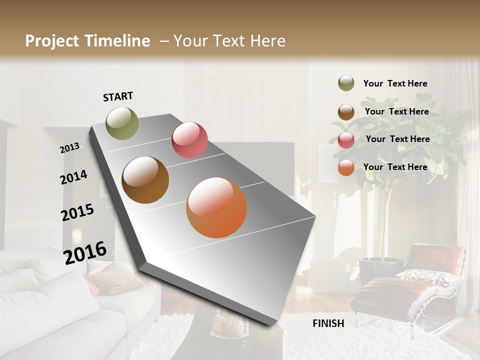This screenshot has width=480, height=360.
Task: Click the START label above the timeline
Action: tap(118, 96)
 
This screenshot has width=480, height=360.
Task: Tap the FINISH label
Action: tap(328, 323)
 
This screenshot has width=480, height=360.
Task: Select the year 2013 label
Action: tap(69, 147)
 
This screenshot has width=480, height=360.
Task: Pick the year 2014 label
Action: tap(73, 177)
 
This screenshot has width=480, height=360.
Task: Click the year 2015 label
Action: tap(77, 212)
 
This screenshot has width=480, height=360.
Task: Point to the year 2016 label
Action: tap(85, 252)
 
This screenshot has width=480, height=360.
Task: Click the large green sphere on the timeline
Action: tap(122, 123)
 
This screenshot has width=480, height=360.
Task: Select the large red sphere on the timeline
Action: tap(189, 140)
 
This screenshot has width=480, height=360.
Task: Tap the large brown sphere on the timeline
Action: tap(145, 180)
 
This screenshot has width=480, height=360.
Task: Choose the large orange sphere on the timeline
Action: tap(216, 207)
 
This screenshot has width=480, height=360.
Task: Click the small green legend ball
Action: tap(346, 83)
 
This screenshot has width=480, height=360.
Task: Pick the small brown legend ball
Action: tap(346, 112)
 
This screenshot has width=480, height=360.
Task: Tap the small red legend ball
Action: tap(346, 140)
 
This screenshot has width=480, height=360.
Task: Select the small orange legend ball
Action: tap(346, 168)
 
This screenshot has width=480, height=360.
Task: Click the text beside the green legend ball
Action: tap(395, 84)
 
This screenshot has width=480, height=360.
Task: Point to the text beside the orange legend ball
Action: tap(395, 167)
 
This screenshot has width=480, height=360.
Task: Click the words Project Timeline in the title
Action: tap(87, 41)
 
